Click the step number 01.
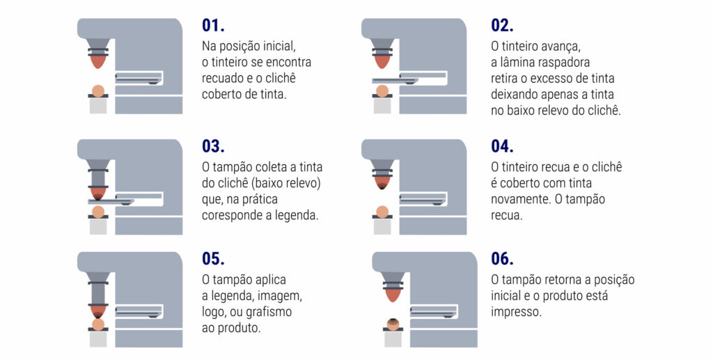click(x=213, y=26)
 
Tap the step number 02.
click(x=503, y=26)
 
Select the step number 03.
click(x=213, y=146)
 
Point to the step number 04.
click(x=503, y=146)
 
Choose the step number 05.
click(x=213, y=258)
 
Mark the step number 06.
click(x=503, y=258)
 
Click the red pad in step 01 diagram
click(x=97, y=62)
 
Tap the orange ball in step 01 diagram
click(x=97, y=91)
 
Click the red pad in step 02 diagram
click(x=382, y=62)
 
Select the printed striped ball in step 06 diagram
click(x=393, y=324)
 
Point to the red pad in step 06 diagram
click(x=393, y=295)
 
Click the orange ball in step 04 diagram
click(x=382, y=212)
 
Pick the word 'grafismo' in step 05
click(x=269, y=312)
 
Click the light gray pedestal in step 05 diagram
click(x=98, y=339)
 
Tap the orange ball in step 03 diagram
click(x=97, y=212)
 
